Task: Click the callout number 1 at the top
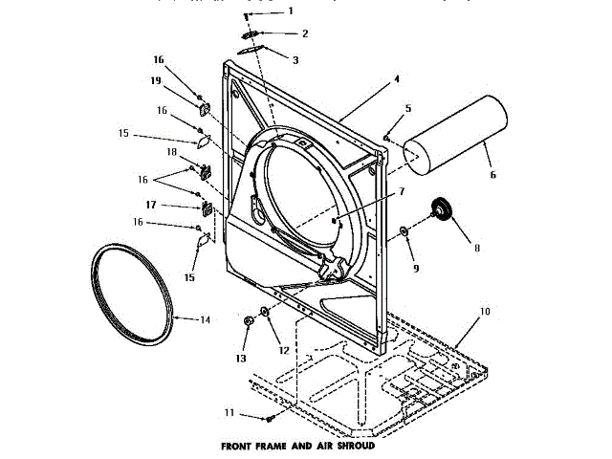(x=291, y=11)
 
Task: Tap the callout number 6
(x=493, y=175)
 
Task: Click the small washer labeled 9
(x=404, y=230)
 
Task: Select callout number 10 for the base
(x=484, y=312)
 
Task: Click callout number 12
(x=284, y=350)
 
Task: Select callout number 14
(x=204, y=319)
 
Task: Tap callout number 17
(x=151, y=205)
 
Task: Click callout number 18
(x=172, y=152)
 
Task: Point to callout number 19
(x=155, y=81)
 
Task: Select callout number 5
(x=407, y=108)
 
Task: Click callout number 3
(x=295, y=59)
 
